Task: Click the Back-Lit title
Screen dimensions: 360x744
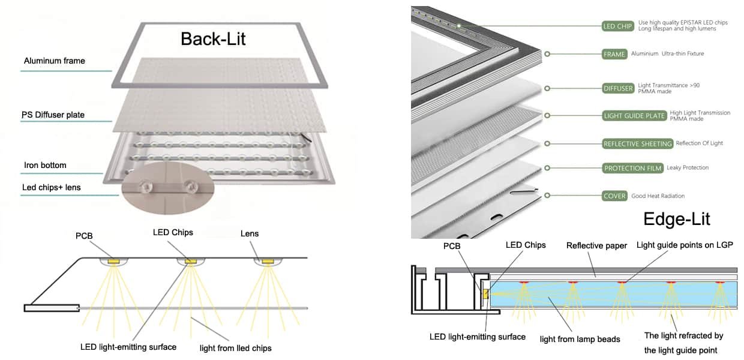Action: click(x=213, y=39)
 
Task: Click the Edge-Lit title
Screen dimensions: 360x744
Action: click(x=676, y=219)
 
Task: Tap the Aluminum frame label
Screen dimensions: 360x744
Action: click(x=55, y=61)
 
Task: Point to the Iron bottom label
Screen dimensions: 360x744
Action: click(x=45, y=165)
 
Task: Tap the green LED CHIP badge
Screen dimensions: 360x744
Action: click(x=618, y=26)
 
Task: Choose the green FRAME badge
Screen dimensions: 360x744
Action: click(x=614, y=54)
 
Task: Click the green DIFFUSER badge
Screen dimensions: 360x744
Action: click(x=618, y=88)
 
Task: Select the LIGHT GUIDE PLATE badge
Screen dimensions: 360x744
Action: click(x=634, y=115)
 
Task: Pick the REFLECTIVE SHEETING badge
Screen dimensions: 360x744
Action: click(x=637, y=144)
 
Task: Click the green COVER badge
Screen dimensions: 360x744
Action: click(x=614, y=196)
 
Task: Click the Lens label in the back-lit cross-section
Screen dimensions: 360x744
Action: click(x=250, y=233)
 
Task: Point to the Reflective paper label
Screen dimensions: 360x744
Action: click(x=596, y=245)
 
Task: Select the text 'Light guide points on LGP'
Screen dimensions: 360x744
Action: click(x=685, y=245)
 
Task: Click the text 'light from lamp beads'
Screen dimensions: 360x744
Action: click(x=580, y=339)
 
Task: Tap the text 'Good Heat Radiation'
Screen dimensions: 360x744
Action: click(x=658, y=196)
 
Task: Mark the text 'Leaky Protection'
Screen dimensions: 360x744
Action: click(x=688, y=168)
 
